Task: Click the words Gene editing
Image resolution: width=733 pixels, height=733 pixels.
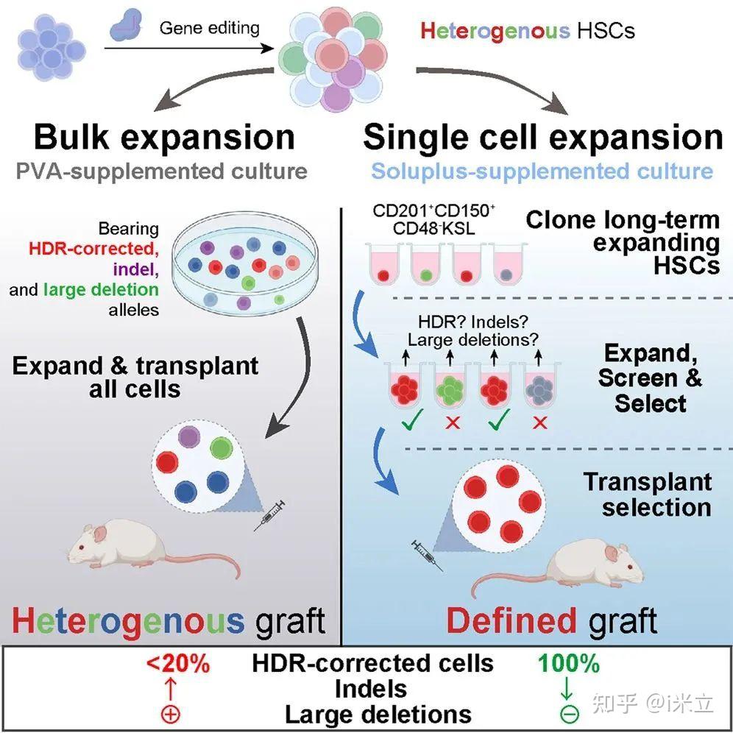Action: (x=210, y=29)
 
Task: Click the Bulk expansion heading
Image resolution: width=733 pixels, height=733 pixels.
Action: (x=164, y=138)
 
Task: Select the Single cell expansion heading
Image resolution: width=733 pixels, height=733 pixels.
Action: (x=543, y=138)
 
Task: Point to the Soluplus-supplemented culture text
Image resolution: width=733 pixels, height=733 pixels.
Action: (x=542, y=172)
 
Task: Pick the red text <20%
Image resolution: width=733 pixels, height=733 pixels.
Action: (x=177, y=663)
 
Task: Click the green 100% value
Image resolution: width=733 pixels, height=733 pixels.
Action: (x=569, y=663)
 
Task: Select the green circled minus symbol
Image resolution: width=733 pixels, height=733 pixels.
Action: (x=569, y=713)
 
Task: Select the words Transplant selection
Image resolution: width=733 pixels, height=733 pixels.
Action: (x=648, y=495)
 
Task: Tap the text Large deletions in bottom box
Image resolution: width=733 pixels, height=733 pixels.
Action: (x=378, y=713)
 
